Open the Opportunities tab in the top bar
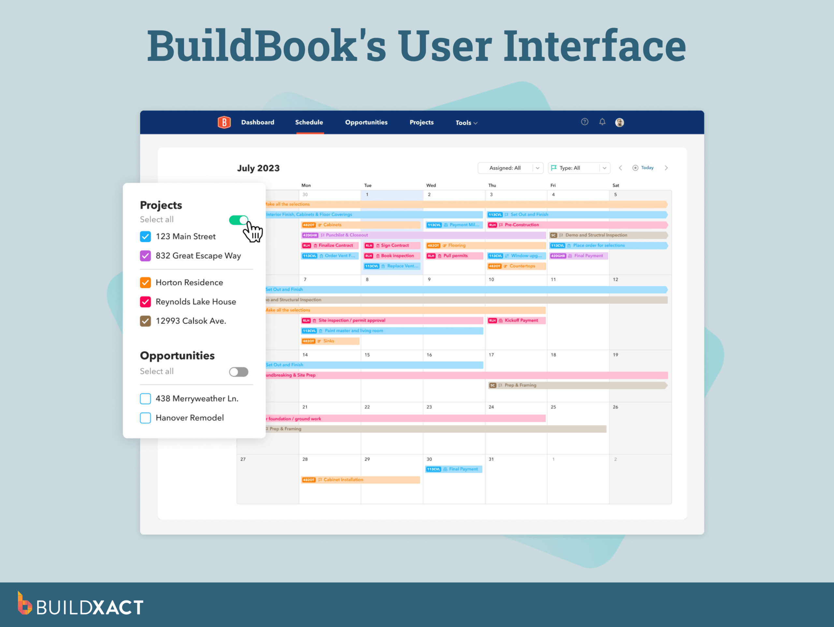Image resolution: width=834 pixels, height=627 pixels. coord(366,122)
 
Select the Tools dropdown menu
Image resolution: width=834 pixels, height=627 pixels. coord(466,123)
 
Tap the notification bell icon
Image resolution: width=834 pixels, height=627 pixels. coord(602,122)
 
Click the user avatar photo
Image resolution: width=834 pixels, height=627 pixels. coord(619,122)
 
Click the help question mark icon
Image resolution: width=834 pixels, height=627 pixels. coord(584,122)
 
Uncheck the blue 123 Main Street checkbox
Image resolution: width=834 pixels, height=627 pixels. coord(145,236)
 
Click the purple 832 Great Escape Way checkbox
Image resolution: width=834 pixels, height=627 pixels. coord(145,256)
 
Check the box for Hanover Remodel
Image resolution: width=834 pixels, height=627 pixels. coord(145,418)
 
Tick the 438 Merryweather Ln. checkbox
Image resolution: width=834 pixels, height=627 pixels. coord(145,398)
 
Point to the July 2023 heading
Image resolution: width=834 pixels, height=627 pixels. coord(258,168)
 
